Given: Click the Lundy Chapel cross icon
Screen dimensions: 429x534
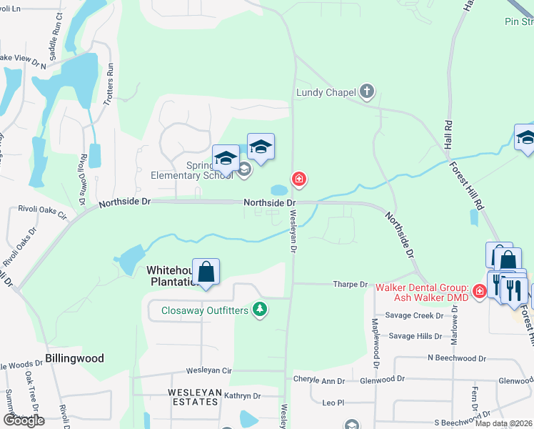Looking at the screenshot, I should [367, 91].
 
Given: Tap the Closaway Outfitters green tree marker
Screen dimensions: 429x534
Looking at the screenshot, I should [261, 310].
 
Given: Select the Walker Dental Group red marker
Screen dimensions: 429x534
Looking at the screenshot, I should [479, 290].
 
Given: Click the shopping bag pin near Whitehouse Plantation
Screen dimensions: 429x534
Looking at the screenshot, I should [206, 272].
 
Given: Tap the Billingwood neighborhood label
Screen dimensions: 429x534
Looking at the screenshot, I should [74, 358].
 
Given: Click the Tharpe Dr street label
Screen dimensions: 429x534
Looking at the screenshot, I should [350, 284].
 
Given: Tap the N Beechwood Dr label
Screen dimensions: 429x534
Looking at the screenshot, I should [456, 357].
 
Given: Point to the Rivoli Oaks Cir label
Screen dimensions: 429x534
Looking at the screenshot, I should [42, 214].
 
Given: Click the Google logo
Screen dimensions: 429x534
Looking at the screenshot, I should [24, 420].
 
